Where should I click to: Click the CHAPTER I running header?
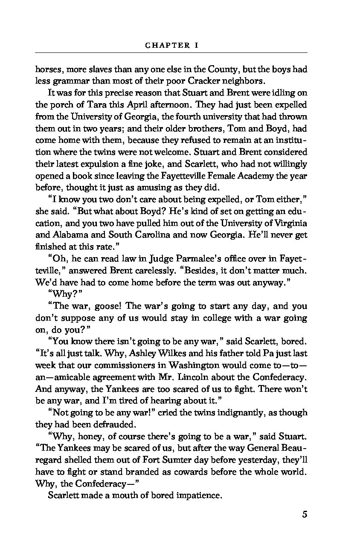[171, 45]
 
